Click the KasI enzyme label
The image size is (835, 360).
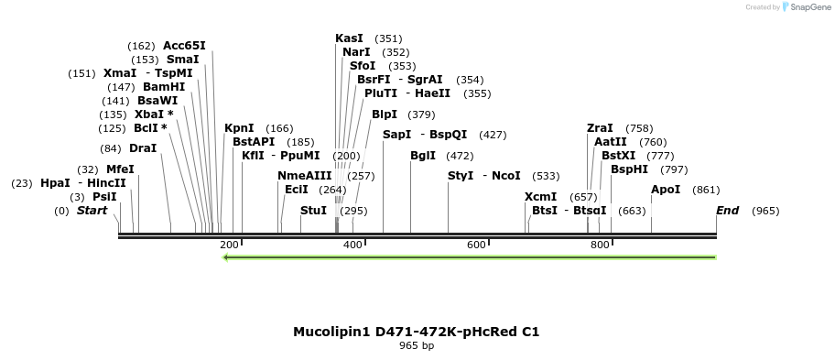tap(349, 38)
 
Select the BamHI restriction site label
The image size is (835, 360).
tap(164, 87)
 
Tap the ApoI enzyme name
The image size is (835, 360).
tap(666, 190)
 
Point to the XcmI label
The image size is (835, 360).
tap(540, 197)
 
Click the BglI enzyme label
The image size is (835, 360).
tap(423, 156)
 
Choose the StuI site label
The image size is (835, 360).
tap(313, 211)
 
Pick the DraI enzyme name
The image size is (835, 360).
tap(143, 148)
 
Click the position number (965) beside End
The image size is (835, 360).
tap(765, 211)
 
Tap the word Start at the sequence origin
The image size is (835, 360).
tap(92, 211)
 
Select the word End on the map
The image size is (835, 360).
tap(727, 211)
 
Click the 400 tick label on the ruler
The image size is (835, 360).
tap(352, 245)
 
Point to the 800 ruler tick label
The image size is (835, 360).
tap(600, 245)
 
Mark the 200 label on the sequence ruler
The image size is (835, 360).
tap(229, 245)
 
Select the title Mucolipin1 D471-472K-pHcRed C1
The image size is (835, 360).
tap(417, 332)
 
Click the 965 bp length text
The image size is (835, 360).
tap(417, 346)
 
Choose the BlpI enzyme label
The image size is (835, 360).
tap(385, 115)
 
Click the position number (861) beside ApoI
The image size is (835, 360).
tap(706, 190)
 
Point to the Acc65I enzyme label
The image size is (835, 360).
tap(184, 46)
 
